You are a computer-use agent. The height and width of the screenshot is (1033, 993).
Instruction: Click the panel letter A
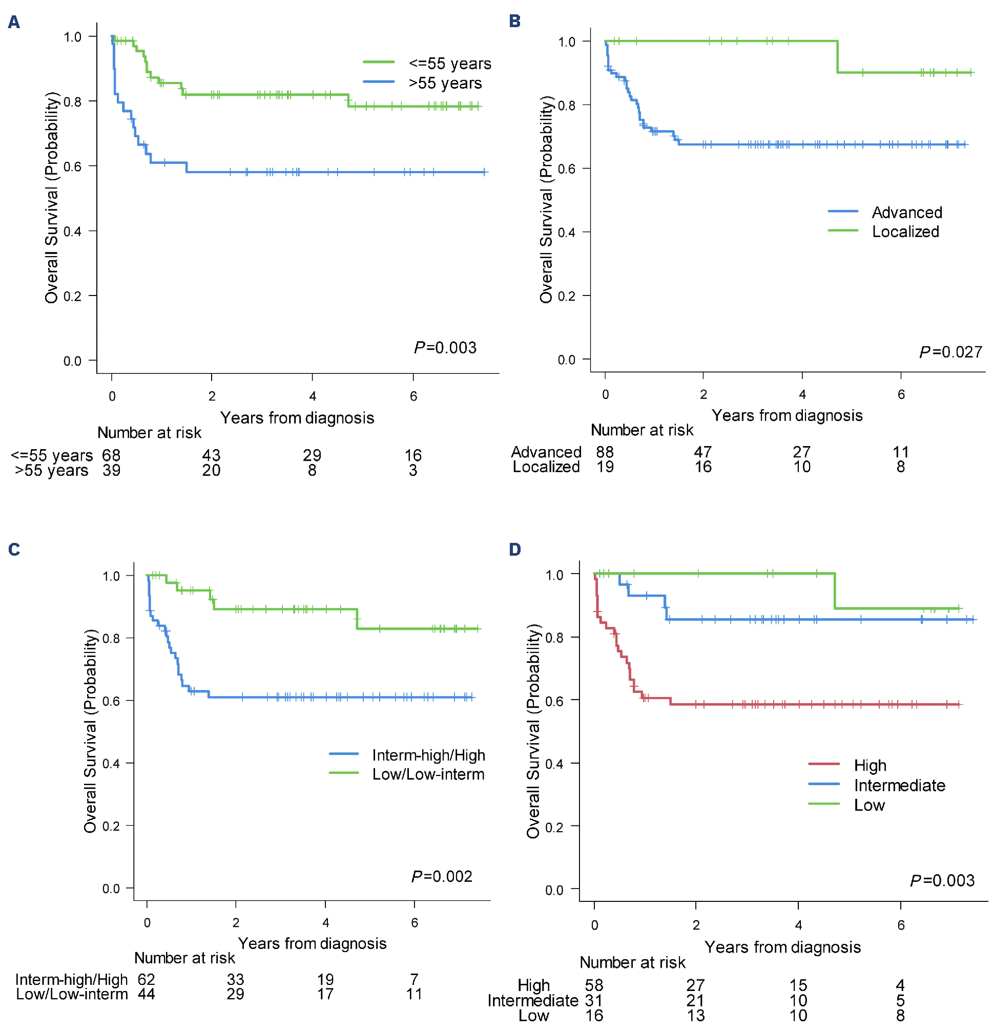[x=14, y=22]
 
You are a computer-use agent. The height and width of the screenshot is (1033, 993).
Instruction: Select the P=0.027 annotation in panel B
[x=950, y=351]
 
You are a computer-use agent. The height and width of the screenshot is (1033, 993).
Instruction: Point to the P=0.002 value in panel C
[x=441, y=876]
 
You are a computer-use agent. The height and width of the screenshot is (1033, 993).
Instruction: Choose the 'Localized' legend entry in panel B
[x=905, y=231]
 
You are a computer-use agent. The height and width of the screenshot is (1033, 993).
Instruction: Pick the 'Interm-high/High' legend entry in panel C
[x=428, y=755]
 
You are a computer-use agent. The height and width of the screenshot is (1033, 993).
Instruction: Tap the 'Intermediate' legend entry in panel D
[x=899, y=785]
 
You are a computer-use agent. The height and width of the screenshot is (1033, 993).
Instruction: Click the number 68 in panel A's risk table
[x=111, y=455]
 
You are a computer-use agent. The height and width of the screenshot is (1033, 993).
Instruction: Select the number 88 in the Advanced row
[x=605, y=452]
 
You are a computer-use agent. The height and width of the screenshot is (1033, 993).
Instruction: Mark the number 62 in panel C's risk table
[x=146, y=979]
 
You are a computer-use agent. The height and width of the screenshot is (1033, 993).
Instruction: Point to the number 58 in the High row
[x=594, y=985]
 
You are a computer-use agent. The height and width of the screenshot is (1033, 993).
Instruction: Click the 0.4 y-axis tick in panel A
[x=72, y=231]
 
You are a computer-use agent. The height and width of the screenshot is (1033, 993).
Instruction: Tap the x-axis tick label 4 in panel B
[x=801, y=394]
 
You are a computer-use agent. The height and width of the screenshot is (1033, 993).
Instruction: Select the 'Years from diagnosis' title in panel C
[x=312, y=943]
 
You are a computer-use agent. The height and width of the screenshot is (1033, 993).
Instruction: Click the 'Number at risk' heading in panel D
[x=632, y=962]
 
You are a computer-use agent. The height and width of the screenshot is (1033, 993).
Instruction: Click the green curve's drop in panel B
[x=837, y=57]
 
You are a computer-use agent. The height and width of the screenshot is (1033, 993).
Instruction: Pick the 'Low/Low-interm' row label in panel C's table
[x=72, y=994]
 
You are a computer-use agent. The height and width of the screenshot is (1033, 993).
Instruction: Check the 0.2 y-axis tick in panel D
[x=554, y=827]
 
